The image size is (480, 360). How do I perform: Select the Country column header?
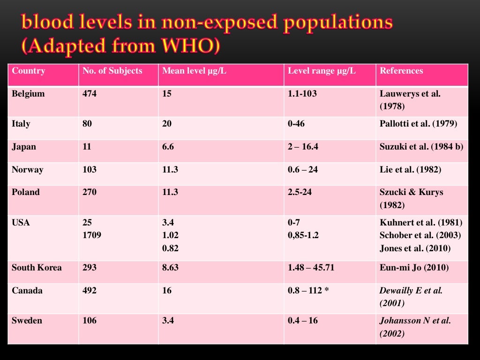(x=28, y=71)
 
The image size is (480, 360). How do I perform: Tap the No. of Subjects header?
(x=112, y=71)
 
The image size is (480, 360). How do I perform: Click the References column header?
(x=401, y=71)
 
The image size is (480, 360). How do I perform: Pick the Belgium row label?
(x=28, y=94)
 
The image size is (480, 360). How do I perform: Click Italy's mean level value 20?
(x=167, y=124)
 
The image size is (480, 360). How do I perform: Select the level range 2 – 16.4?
(x=303, y=147)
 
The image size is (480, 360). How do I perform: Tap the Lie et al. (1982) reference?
(x=410, y=170)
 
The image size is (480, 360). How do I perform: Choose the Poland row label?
(x=26, y=192)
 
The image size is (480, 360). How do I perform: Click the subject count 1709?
(x=92, y=235)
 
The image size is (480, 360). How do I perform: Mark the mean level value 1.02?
(x=170, y=235)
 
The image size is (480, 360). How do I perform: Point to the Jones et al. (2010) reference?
(x=415, y=248)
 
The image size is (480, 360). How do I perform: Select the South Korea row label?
(x=37, y=268)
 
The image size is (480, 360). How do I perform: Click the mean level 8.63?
(x=170, y=268)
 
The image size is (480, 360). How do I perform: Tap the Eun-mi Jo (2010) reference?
(x=414, y=268)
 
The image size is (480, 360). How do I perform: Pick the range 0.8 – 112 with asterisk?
(x=308, y=291)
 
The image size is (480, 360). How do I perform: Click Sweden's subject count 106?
(x=90, y=321)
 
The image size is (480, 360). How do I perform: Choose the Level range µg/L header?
(x=322, y=71)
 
